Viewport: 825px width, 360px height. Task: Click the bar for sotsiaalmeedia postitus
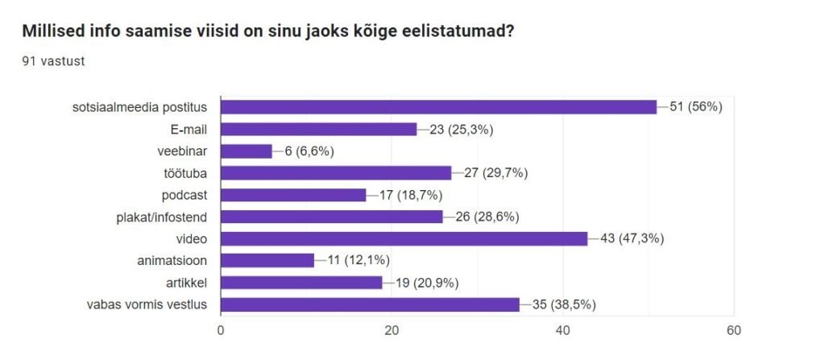[438, 107]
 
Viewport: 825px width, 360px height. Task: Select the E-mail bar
[318, 129]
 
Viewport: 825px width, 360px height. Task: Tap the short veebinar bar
[246, 151]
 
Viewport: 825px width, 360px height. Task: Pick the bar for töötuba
[335, 172]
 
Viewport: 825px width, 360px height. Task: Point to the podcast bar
[293, 195]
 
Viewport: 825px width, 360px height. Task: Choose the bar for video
[404, 238]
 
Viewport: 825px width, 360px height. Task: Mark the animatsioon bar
[267, 260]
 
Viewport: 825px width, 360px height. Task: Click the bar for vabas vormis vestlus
[370, 304]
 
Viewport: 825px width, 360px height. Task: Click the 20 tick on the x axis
[392, 330]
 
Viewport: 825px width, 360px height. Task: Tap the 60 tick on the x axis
[733, 330]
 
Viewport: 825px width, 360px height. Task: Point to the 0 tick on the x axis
[221, 330]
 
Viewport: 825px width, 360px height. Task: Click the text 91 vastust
[54, 60]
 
